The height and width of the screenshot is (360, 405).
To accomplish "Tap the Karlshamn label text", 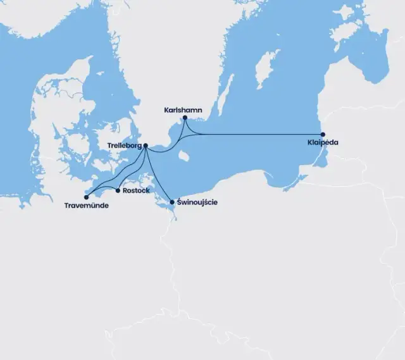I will click(183, 110).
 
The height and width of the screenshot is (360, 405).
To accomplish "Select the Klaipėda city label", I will click(322, 143).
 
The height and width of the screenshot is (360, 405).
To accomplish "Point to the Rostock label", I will click(137, 190).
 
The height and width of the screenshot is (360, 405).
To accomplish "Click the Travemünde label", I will click(86, 205).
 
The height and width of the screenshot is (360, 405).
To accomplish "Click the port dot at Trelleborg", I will click(146, 146).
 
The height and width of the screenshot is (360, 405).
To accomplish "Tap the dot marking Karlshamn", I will click(185, 118).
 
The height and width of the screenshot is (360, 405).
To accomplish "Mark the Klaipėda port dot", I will click(323, 134).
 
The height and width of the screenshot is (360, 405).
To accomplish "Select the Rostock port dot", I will click(118, 190).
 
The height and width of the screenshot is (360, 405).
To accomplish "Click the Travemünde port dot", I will click(86, 197).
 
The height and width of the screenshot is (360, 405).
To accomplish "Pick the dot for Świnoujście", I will click(171, 202).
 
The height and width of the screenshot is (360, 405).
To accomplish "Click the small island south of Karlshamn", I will click(184, 154).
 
